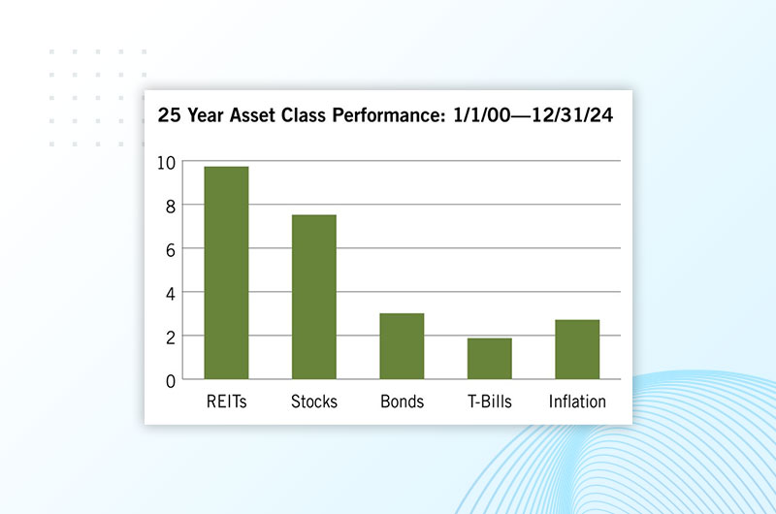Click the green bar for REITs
tap(226, 273)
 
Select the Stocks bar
tap(313, 297)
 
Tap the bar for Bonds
tap(402, 346)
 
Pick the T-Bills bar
tap(490, 359)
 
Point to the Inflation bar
tap(577, 349)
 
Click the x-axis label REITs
tap(227, 402)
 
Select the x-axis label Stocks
tap(313, 402)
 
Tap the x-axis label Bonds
tap(402, 402)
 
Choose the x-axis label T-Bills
tap(490, 402)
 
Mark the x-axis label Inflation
tap(577, 402)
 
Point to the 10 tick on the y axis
tap(166, 163)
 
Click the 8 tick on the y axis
tap(171, 207)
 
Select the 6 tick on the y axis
tap(171, 250)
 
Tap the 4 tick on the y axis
tap(171, 294)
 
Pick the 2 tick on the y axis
tap(171, 337)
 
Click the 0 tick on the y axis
tap(171, 381)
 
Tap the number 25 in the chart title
tap(169, 115)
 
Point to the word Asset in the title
tap(252, 115)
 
